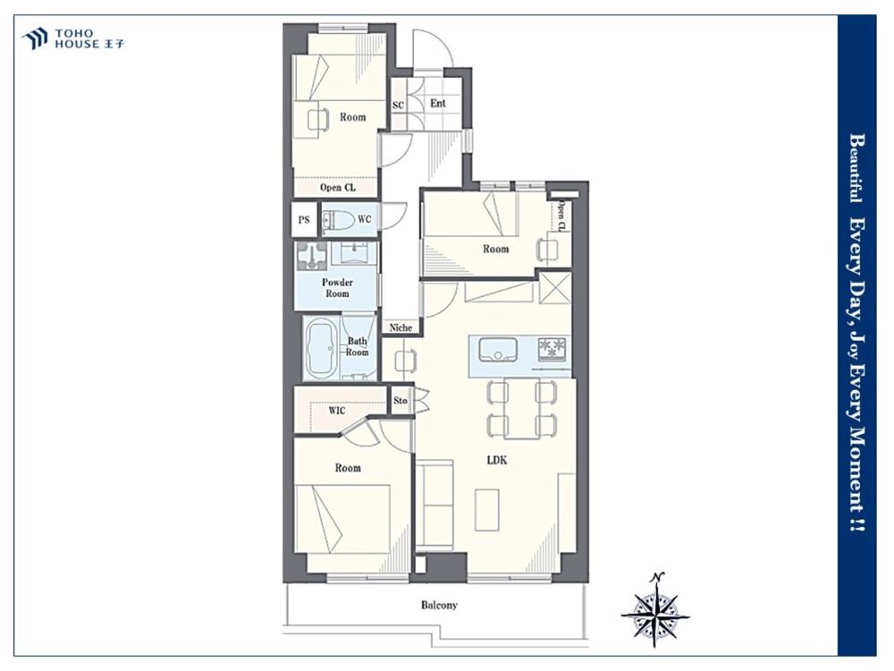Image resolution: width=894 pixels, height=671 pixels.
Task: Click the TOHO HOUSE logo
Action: pyautogui.click(x=72, y=38)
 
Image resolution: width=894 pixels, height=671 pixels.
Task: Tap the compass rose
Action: pyautogui.click(x=655, y=610)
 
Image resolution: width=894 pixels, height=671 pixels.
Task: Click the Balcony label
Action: pyautogui.click(x=439, y=605)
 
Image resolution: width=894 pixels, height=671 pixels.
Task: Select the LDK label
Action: pyautogui.click(x=496, y=460)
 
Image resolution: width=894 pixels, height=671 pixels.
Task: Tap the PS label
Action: pyautogui.click(x=304, y=219)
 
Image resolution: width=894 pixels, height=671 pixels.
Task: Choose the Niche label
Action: pyautogui.click(x=401, y=327)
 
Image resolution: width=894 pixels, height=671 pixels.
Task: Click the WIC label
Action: pyautogui.click(x=336, y=411)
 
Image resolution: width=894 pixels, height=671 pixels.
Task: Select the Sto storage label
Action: pyautogui.click(x=401, y=401)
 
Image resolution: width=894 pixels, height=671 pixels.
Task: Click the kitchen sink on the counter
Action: pyautogui.click(x=498, y=349)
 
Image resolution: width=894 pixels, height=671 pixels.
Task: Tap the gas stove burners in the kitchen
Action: pyautogui.click(x=552, y=349)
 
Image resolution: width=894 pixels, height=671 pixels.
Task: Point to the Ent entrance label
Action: pyautogui.click(x=438, y=103)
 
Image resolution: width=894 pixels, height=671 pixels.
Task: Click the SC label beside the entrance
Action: pyautogui.click(x=398, y=105)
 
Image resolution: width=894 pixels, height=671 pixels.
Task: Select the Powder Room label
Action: pyautogui.click(x=337, y=287)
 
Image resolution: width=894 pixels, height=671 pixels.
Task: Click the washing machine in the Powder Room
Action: pyautogui.click(x=312, y=256)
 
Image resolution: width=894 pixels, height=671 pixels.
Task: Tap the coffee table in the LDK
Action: pyautogui.click(x=487, y=510)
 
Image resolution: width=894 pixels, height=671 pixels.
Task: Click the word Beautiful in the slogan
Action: pyautogui.click(x=856, y=168)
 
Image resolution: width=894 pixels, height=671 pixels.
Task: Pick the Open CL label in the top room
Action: pyautogui.click(x=338, y=187)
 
